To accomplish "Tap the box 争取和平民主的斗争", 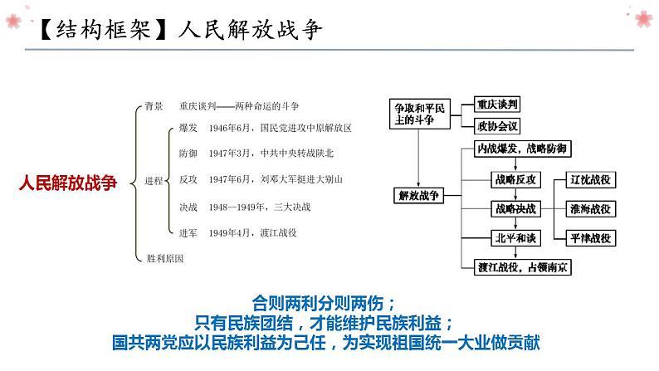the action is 420,115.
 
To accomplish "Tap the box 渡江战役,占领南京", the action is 518,266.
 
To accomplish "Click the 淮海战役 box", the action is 590,208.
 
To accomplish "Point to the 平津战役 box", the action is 590,238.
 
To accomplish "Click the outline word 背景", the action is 154,106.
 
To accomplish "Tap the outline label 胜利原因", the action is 164,258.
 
